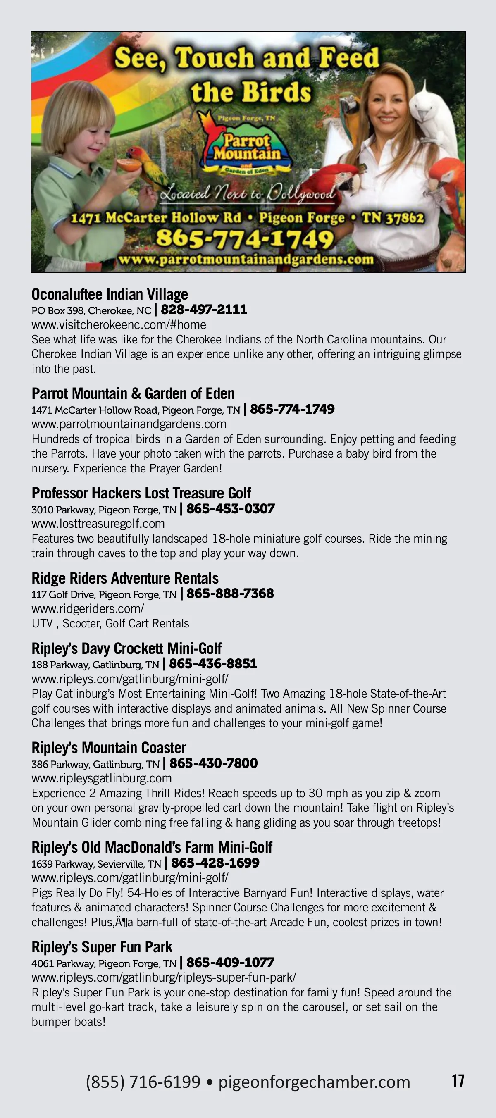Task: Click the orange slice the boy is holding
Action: (130, 164)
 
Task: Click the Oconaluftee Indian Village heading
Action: (110, 294)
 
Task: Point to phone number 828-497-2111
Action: (204, 310)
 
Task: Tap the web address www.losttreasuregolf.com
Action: (98, 523)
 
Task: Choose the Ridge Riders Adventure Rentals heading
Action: (125, 578)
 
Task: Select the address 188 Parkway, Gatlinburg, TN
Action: (95, 665)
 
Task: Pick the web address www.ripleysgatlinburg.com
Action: (102, 778)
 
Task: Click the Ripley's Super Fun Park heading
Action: (102, 946)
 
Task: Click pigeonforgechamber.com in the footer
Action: (314, 1082)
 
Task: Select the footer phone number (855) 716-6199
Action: (143, 1082)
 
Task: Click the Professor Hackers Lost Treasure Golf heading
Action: (141, 493)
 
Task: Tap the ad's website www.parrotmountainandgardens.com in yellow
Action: (246, 260)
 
